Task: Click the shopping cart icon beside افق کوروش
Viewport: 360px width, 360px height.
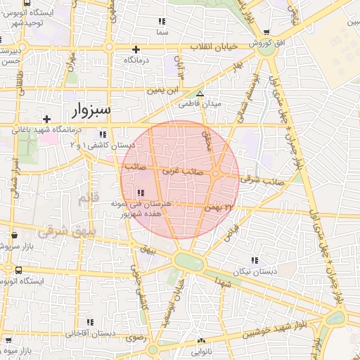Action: pyautogui.click(x=266, y=33)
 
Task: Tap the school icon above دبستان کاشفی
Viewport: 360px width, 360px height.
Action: pyautogui.click(x=103, y=134)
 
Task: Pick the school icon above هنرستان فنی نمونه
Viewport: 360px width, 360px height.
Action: pyautogui.click(x=141, y=193)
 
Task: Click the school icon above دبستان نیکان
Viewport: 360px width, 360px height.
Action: pyautogui.click(x=255, y=260)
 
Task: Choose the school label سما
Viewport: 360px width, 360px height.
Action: pyautogui.click(x=162, y=32)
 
